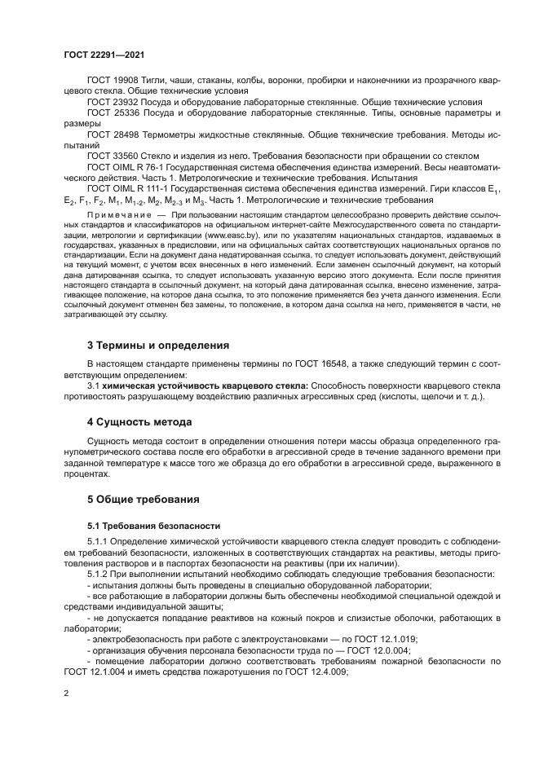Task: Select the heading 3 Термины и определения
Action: coord(152,345)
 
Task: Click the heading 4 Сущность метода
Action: coord(139,422)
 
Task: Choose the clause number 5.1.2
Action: coord(99,575)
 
